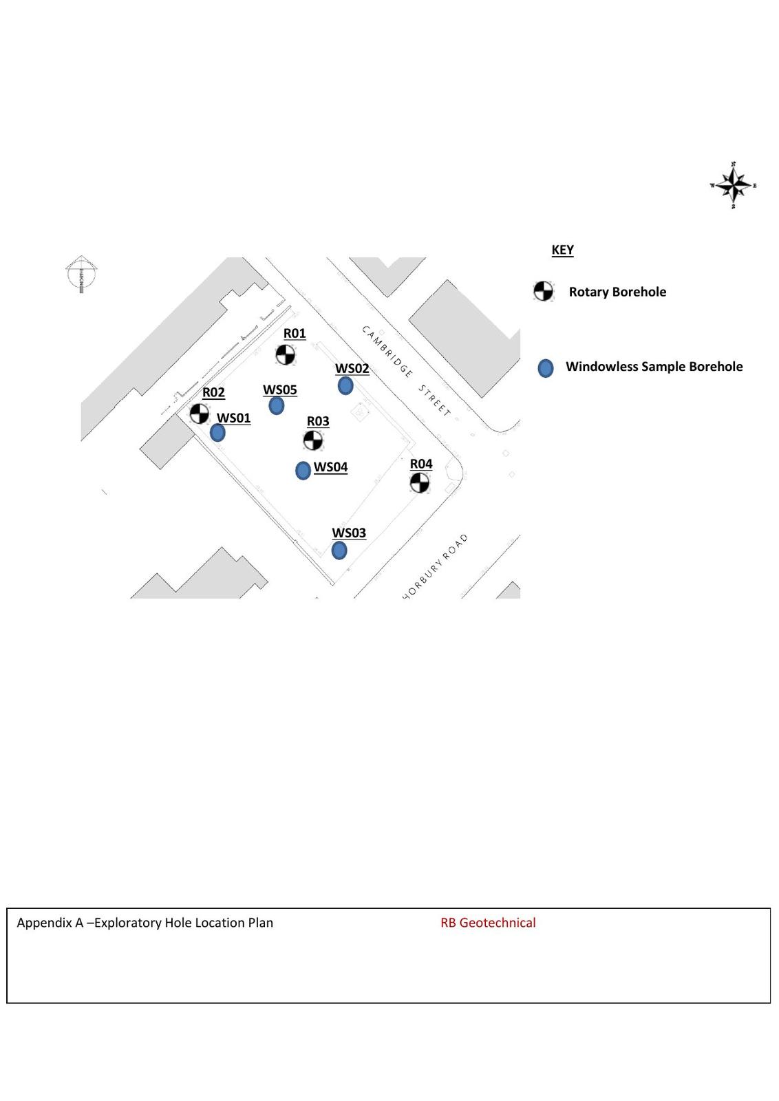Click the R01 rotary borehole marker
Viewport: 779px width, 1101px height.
tap(285, 355)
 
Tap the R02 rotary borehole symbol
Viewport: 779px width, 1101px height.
tap(199, 414)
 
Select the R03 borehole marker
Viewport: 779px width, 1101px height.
tap(313, 440)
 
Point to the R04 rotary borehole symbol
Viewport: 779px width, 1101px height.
tap(419, 483)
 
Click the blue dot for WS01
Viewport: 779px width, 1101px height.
tap(217, 433)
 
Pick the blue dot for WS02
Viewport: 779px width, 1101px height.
tap(345, 385)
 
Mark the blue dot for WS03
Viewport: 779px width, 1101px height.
tap(339, 550)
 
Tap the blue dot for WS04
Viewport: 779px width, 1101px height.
tap(303, 471)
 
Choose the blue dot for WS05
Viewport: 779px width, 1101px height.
tap(277, 406)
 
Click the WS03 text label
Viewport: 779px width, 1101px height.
tap(349, 533)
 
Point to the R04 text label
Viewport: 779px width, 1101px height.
tap(421, 464)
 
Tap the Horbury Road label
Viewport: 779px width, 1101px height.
tap(436, 566)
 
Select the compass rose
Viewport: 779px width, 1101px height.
tap(733, 185)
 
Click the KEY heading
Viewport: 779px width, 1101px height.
tap(562, 250)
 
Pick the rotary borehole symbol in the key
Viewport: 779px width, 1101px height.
tap(543, 291)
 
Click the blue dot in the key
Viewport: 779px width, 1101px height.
tap(546, 368)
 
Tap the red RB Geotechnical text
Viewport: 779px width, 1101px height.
tap(488, 923)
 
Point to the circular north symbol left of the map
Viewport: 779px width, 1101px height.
tap(81, 273)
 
